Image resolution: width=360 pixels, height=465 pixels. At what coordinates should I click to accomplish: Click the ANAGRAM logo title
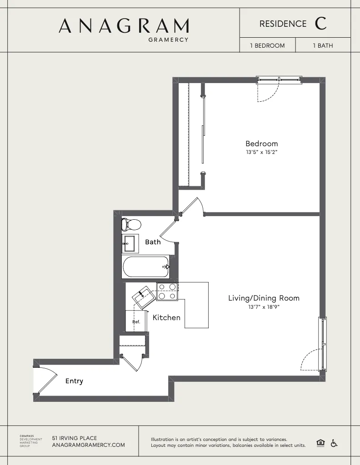pos(124,26)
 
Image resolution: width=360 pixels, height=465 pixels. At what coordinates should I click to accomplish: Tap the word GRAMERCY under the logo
pos(168,40)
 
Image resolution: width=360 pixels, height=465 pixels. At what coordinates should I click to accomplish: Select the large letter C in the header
pos(320,24)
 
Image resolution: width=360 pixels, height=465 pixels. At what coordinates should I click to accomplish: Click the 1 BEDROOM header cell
pos(267,45)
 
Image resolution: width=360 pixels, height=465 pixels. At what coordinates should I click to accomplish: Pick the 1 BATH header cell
pos(323,45)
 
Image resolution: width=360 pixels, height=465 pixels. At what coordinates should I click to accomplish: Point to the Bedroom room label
pos(261,144)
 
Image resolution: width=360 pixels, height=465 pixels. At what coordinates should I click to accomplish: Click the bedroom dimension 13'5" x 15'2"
pos(261,153)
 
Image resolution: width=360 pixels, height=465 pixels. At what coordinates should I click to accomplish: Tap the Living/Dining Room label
pos(264,298)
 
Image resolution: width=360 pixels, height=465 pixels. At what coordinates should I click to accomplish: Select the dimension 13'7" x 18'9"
pos(264,307)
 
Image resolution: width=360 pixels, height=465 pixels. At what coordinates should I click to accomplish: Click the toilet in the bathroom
pos(131,224)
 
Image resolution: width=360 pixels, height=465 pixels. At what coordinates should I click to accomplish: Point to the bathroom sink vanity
pos(130,244)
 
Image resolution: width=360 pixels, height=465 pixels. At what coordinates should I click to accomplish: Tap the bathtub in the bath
pos(145,267)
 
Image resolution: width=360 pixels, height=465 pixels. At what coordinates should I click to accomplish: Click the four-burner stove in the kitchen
pos(167,292)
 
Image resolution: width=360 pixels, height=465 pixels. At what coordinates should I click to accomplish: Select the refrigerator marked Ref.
pos(136,321)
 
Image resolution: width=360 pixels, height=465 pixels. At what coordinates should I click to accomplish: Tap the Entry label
pos(74,381)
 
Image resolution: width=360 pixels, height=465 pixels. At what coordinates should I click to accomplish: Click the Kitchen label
pos(166,317)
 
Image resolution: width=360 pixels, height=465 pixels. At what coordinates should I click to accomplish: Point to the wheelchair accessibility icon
pos(334,443)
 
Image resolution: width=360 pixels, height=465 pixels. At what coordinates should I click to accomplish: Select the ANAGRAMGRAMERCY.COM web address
pos(89,445)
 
